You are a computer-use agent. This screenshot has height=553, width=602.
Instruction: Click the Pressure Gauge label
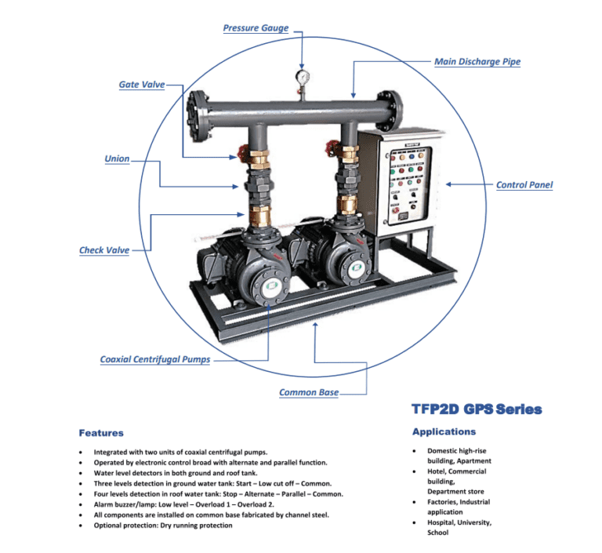coord(256,28)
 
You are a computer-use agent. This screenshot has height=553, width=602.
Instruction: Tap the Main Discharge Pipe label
coord(477,62)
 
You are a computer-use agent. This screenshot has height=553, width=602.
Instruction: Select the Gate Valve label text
coord(141,84)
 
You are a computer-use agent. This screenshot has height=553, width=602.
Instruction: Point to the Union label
coord(117,159)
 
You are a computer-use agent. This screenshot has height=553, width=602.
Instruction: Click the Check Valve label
coord(103,251)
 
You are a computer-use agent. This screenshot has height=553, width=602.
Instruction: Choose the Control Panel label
coord(524,186)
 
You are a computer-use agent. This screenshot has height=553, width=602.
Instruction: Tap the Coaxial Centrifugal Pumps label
coord(154,360)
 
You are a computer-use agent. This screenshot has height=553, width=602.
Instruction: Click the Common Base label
coord(309,392)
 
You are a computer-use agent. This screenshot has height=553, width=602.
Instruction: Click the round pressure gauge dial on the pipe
coord(303,77)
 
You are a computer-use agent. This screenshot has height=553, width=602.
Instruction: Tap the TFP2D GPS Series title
coord(476,409)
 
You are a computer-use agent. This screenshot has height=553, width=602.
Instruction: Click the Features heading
coord(101,433)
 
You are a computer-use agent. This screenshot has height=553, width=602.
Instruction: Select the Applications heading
coord(444,431)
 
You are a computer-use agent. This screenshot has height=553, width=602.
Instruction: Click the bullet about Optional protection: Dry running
coord(163,526)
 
